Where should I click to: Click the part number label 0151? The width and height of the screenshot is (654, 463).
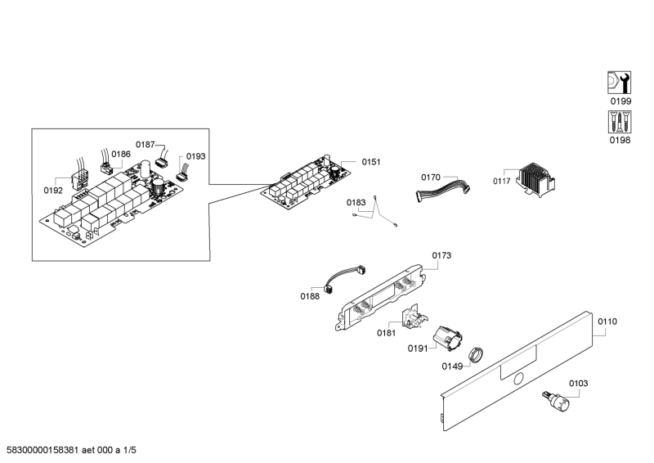coord(371,162)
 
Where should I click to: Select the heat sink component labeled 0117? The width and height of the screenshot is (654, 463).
coord(536,179)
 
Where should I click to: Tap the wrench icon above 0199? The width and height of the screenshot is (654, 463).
coord(619,83)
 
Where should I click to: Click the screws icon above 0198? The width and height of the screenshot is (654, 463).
coord(620,122)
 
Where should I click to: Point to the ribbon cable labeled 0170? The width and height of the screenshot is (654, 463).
coord(443,190)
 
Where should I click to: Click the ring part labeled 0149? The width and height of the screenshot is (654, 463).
coord(475,354)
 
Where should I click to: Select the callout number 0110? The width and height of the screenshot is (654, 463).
coord(607,321)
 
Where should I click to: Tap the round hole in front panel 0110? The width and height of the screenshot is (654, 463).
coord(518,379)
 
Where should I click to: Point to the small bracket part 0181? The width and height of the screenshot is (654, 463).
coord(414,317)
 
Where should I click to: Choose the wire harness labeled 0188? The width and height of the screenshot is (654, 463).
coord(344,279)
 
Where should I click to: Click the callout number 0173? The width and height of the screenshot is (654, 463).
coord(441,255)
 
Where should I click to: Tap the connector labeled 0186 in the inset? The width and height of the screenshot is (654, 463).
coord(107,169)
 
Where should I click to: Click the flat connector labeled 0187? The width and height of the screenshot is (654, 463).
coord(162,162)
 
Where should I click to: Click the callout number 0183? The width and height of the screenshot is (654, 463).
coord(356,203)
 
